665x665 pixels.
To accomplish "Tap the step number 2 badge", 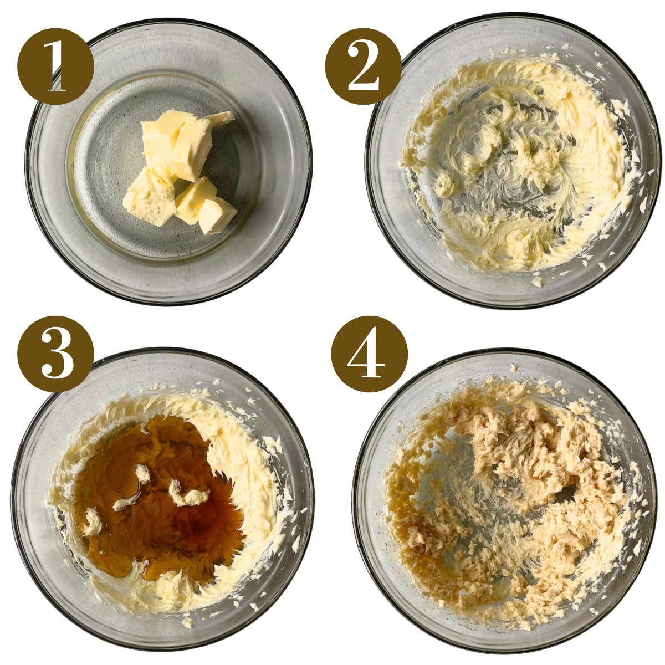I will click(x=363, y=66).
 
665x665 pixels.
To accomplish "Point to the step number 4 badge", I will click(x=369, y=354).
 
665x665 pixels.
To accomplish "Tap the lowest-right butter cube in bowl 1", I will click(x=217, y=215).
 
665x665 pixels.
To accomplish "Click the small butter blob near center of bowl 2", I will click(x=443, y=183).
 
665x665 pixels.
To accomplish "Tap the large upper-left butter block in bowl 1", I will click(x=163, y=136).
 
